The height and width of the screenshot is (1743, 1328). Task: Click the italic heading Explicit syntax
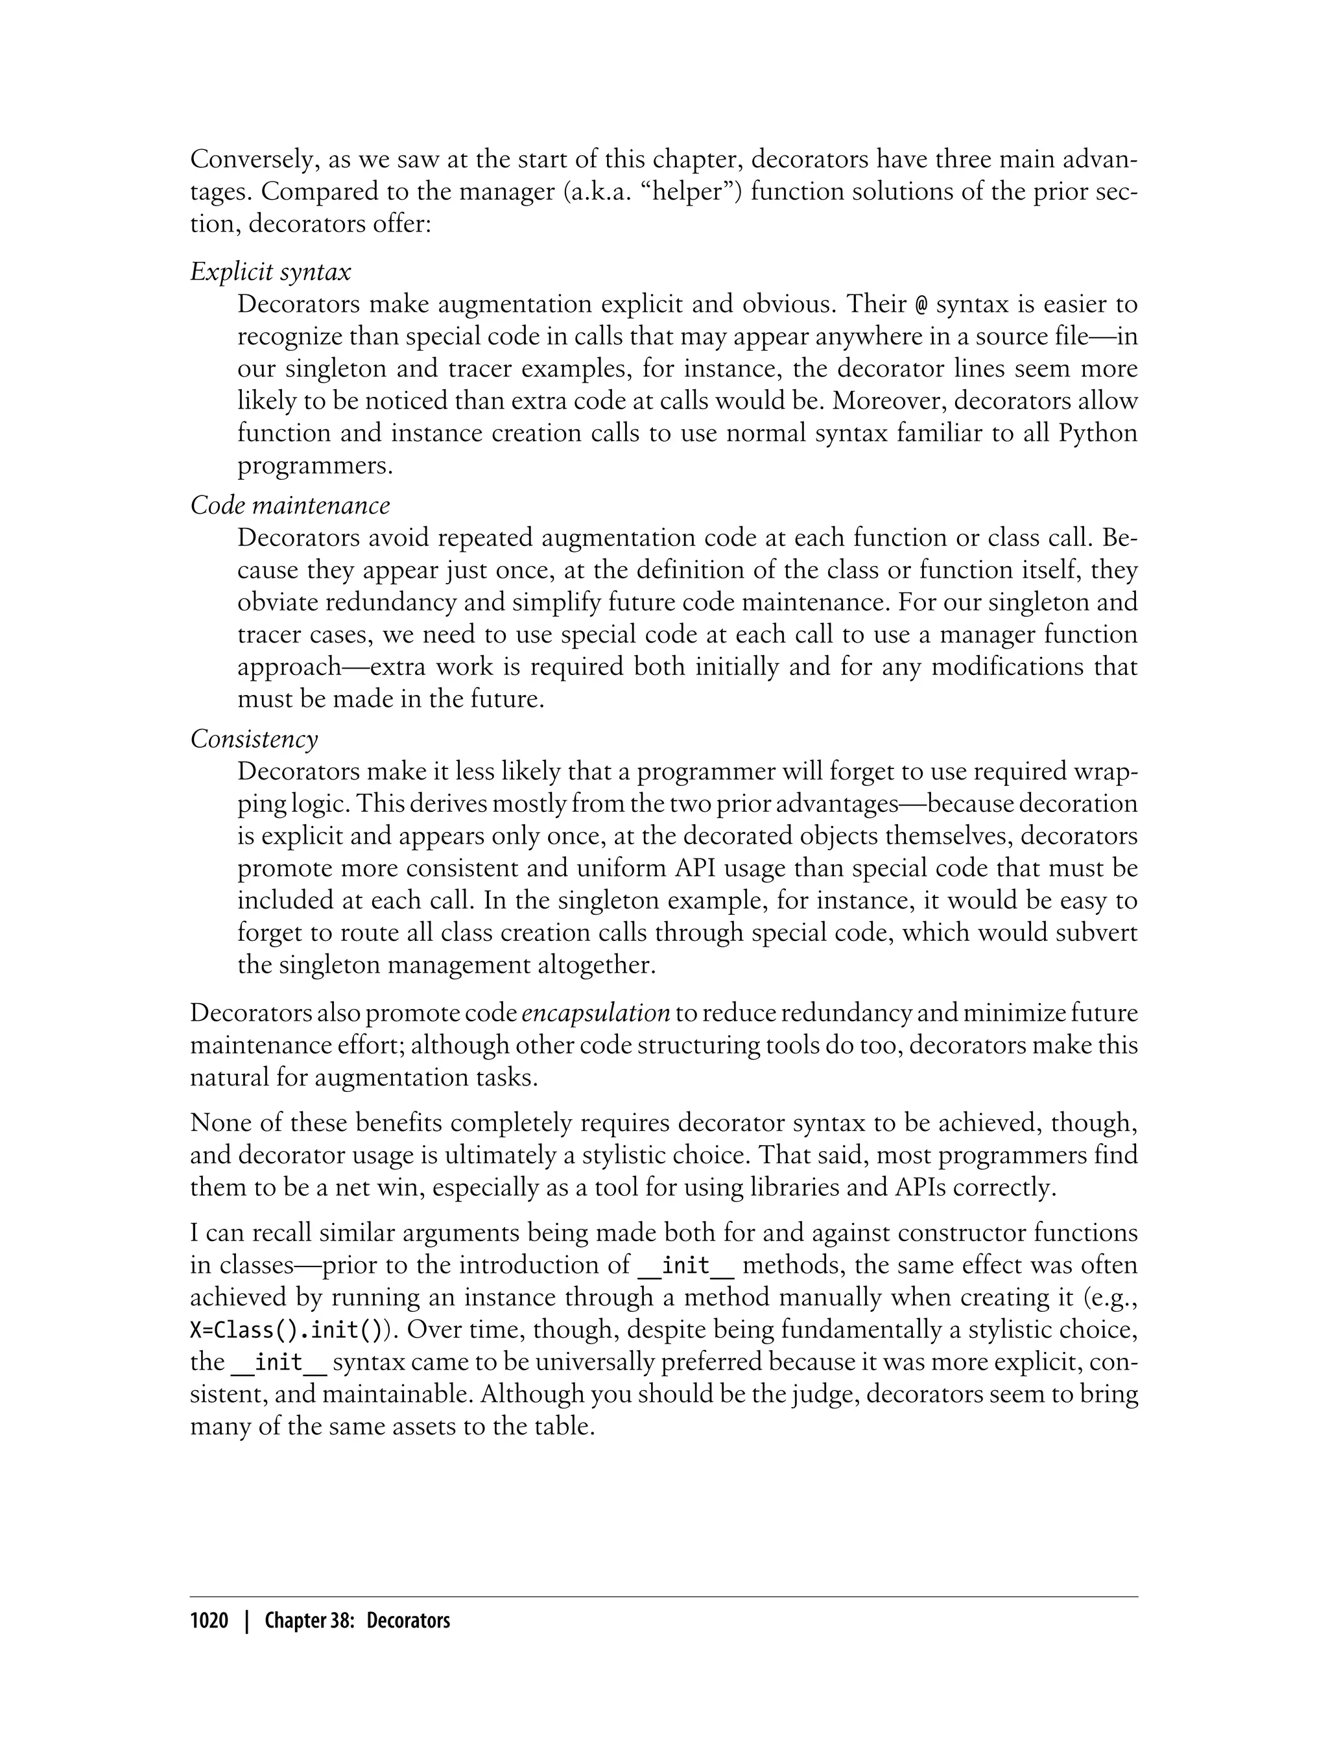pos(270,272)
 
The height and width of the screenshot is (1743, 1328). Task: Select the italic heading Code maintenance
pos(290,505)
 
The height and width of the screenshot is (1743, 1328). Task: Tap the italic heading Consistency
pos(254,739)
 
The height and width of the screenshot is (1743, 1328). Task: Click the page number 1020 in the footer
pos(209,1620)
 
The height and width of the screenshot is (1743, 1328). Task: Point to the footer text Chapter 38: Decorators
pos(357,1620)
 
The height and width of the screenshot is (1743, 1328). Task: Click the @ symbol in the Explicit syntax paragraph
pos(921,304)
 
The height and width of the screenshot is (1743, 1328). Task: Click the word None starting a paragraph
pos(217,1122)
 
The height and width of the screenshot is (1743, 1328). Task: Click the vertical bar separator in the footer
pos(246,1620)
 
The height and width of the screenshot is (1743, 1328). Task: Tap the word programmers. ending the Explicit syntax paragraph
pos(314,466)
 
